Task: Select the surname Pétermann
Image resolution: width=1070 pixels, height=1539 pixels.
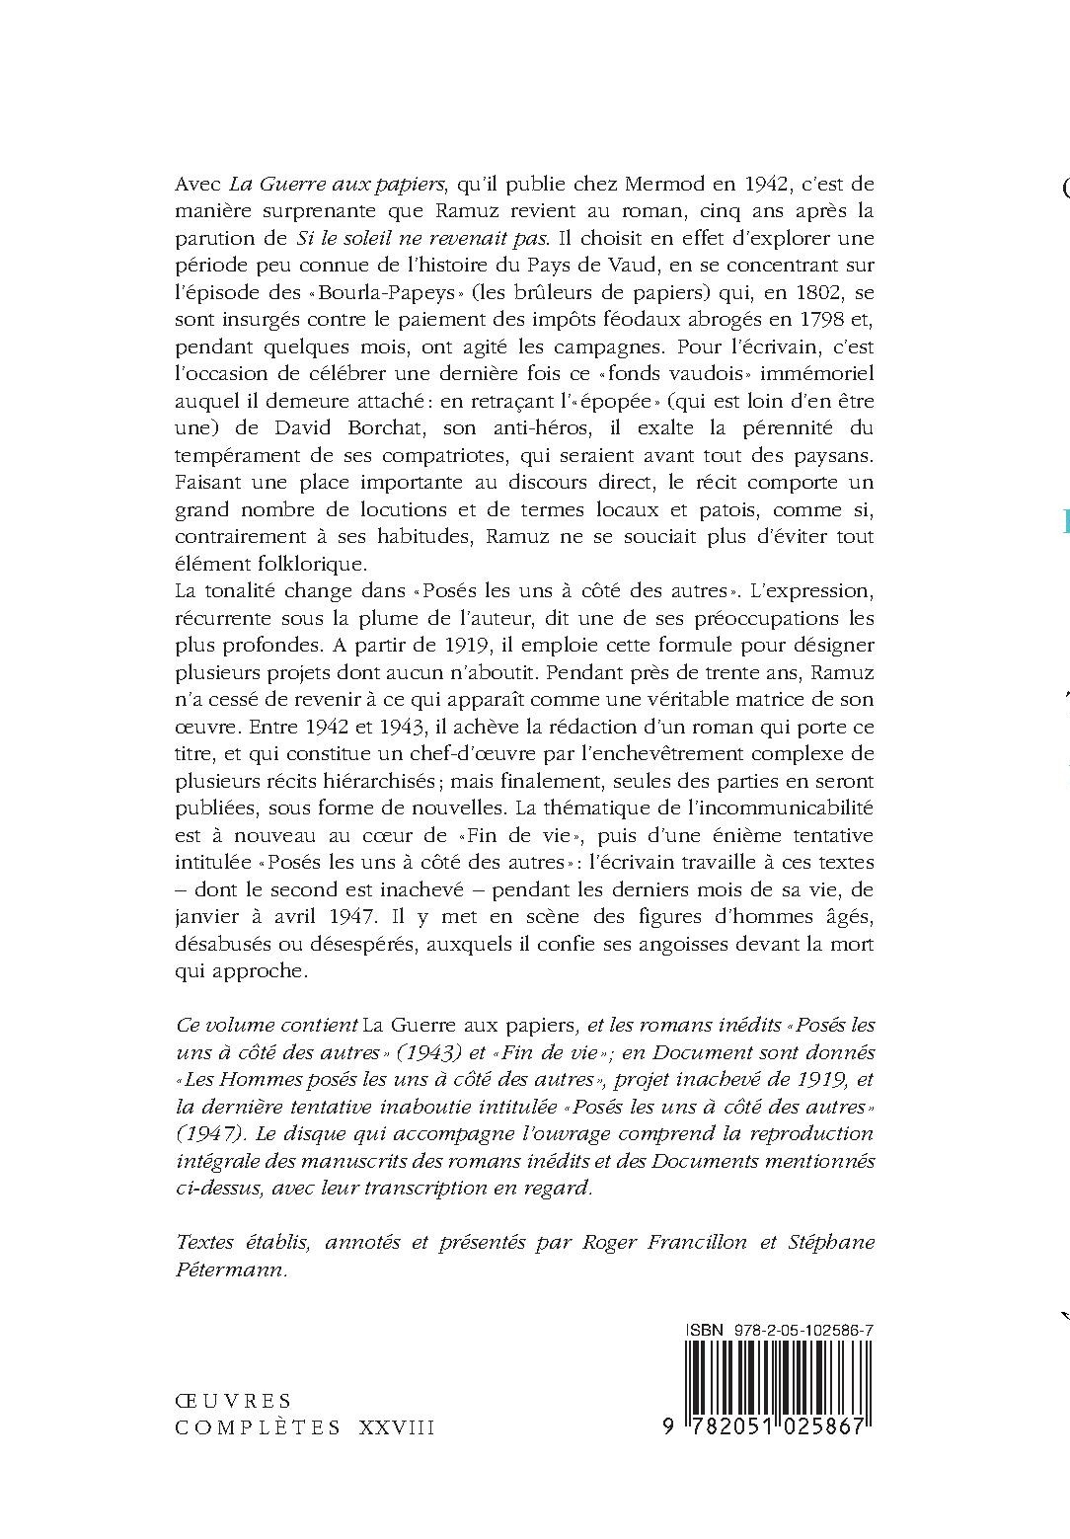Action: [230, 1270]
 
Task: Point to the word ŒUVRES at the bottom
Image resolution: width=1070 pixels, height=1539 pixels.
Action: [233, 1400]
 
